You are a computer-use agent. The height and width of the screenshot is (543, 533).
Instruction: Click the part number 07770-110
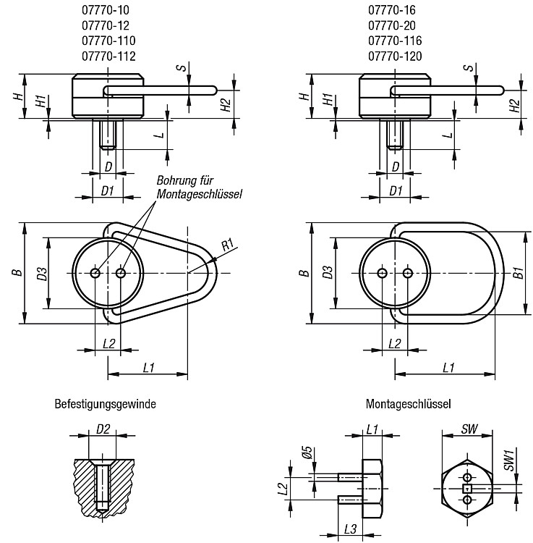coord(108,41)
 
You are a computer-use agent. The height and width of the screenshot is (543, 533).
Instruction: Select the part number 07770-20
coord(391,25)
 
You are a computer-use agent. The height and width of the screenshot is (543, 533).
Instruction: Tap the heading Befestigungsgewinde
coord(105,404)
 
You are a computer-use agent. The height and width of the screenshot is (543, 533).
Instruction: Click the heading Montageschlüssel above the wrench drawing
coord(408,404)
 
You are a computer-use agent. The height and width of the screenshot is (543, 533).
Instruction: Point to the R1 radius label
coord(228,245)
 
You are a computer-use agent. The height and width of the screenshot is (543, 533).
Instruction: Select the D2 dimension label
coord(103,429)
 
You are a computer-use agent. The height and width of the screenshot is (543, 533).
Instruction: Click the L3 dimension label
coord(350,529)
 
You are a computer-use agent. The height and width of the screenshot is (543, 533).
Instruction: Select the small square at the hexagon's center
coord(468,489)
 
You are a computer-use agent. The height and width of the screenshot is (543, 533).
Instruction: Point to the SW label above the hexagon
coord(469,429)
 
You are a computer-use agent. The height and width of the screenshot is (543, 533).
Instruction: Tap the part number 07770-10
coord(105,10)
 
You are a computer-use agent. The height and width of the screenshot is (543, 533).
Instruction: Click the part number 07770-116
coord(395,41)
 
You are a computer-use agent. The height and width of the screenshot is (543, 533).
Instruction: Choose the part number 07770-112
coord(108,56)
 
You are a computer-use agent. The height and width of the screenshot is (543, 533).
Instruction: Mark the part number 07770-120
coord(395,56)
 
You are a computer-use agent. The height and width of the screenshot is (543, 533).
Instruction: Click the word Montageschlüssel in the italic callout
coord(199,194)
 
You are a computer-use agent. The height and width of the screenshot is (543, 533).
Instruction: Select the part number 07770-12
coord(105,25)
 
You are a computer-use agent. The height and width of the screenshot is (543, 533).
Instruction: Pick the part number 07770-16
coord(391,10)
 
